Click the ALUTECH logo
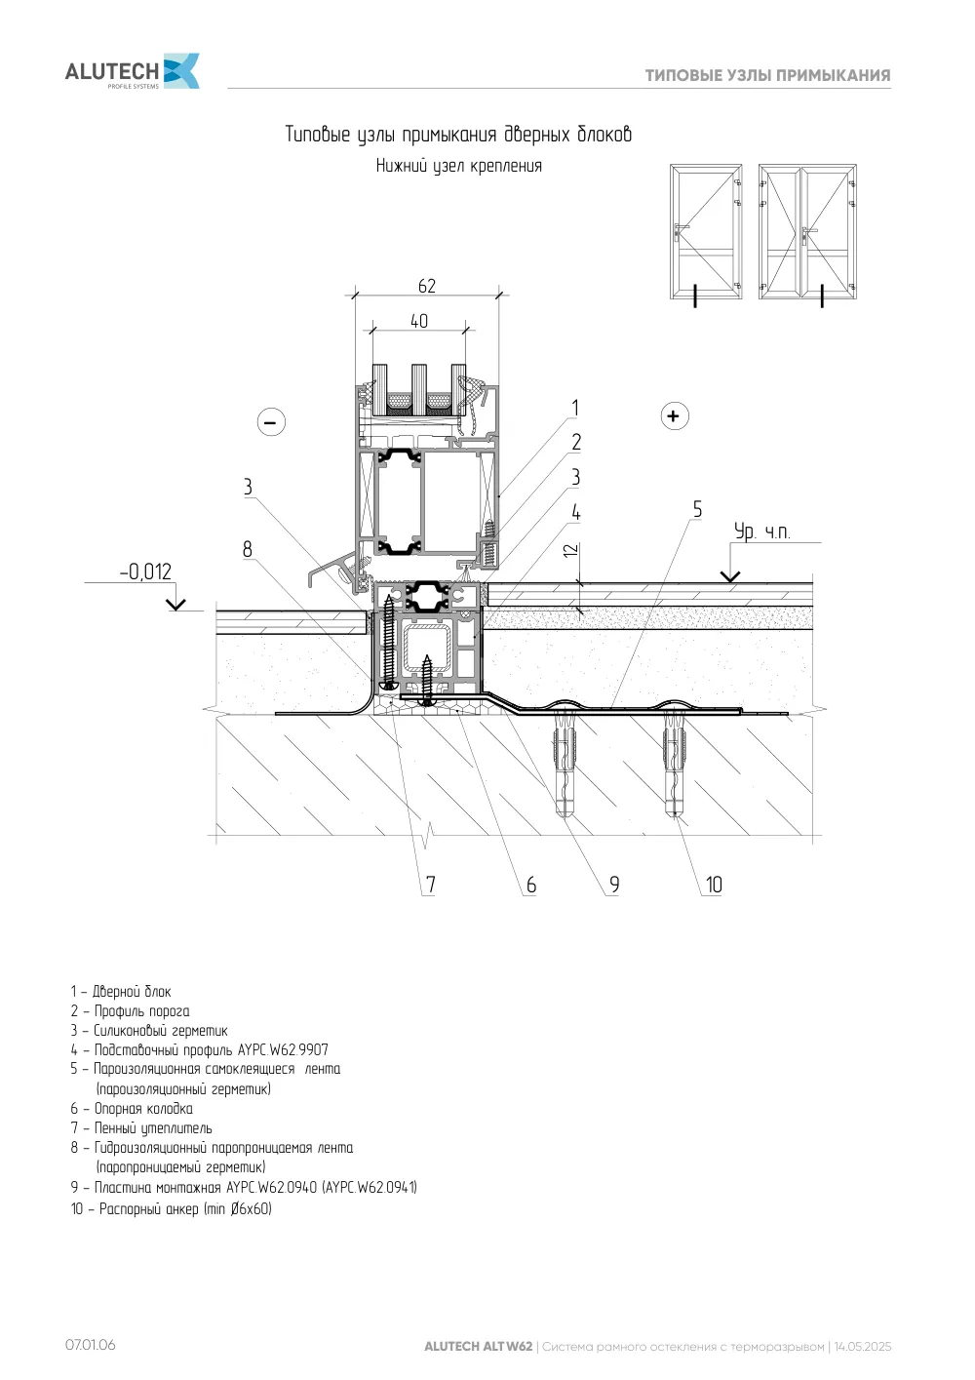132,71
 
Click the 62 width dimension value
427,286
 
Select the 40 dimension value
419,321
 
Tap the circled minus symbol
271,422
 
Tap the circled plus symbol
675,415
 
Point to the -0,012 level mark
145,572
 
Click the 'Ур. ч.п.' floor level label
761,532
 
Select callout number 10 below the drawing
714,885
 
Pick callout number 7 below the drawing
431,885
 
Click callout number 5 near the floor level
697,509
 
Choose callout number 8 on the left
248,549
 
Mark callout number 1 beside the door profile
575,408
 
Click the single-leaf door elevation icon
706,232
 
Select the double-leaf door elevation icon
807,232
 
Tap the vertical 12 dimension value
571,550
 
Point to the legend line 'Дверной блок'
121,991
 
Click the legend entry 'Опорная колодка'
132,1108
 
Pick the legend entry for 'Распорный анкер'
172,1208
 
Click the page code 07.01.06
91,1345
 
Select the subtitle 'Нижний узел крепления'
459,166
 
